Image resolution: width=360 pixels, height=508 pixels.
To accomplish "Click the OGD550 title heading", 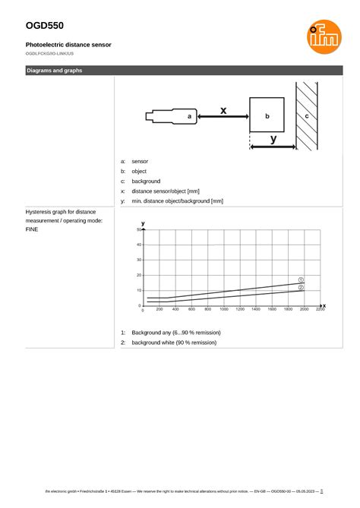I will pos(44,25).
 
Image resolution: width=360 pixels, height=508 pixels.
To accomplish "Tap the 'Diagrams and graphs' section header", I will pos(55,71).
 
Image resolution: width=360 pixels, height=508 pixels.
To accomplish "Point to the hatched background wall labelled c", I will pos(307,116).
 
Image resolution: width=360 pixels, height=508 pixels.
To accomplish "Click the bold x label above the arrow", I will pos(223,110).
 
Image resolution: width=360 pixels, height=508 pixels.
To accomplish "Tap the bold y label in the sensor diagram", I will pos(273,139).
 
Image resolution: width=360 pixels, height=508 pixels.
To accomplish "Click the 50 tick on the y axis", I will pos(139,229).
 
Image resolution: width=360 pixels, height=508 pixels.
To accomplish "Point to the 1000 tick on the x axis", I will pos(223,310).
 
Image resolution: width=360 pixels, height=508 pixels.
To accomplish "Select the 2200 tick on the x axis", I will pos(320,310).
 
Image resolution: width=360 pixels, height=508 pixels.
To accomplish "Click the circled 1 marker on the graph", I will pos(301,279).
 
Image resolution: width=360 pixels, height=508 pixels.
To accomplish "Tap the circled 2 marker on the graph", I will pos(301,288).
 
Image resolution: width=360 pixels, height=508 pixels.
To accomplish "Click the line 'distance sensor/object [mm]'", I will pos(166,191).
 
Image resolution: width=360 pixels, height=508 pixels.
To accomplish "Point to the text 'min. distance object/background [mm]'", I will pos(177,201).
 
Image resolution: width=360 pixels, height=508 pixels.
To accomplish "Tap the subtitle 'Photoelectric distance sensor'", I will pos(68,45).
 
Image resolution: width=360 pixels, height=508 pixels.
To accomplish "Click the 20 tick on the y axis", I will pos(139,275).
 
